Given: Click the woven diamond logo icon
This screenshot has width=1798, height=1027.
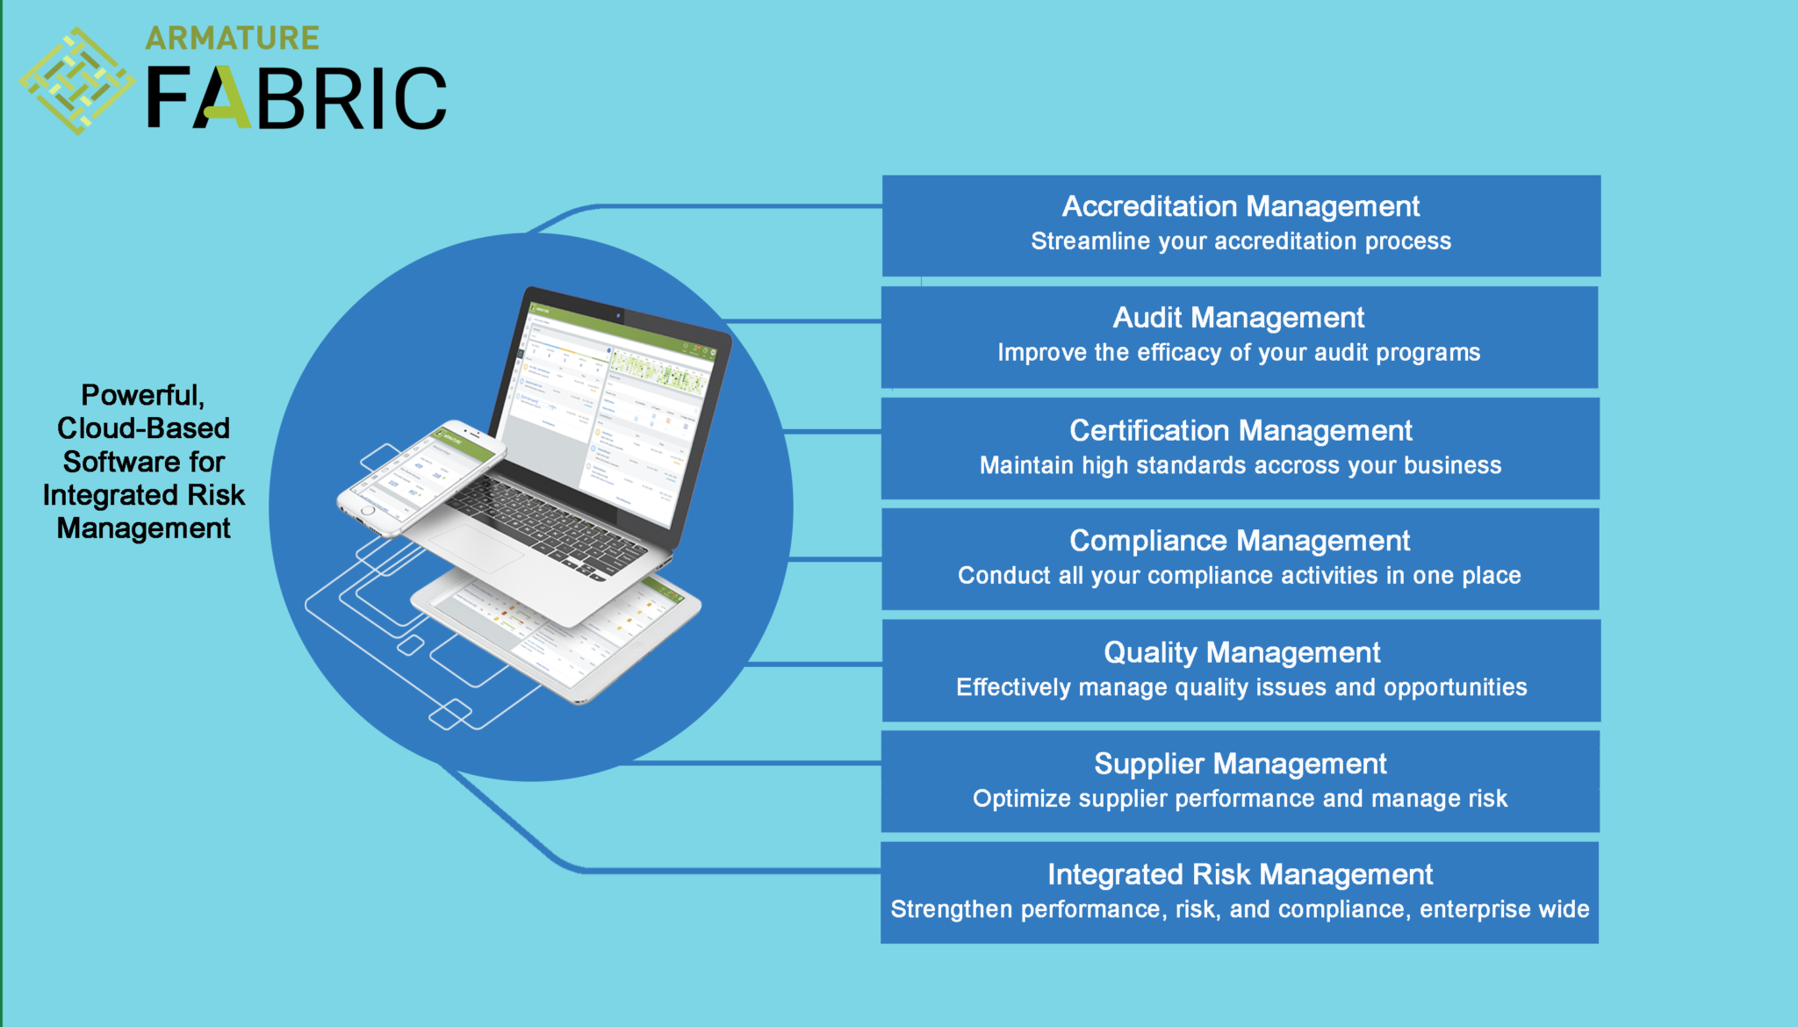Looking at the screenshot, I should click(x=77, y=81).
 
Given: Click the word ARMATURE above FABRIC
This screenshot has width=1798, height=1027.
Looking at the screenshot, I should click(x=232, y=38).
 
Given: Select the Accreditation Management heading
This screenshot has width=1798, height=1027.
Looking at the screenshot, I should click(x=1241, y=206).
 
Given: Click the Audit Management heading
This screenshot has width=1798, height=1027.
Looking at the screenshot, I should click(x=1238, y=318).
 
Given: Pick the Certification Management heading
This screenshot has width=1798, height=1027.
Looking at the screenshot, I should click(x=1240, y=430).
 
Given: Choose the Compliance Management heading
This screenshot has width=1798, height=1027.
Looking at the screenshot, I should click(x=1240, y=541).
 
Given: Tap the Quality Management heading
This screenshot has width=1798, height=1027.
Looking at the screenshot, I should click(x=1241, y=652).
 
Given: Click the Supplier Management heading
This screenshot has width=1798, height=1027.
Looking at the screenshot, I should click(x=1240, y=764).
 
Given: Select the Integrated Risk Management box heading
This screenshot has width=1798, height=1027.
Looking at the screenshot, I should click(x=1240, y=874).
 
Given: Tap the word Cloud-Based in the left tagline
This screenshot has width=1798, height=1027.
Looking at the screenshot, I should click(x=143, y=428).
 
